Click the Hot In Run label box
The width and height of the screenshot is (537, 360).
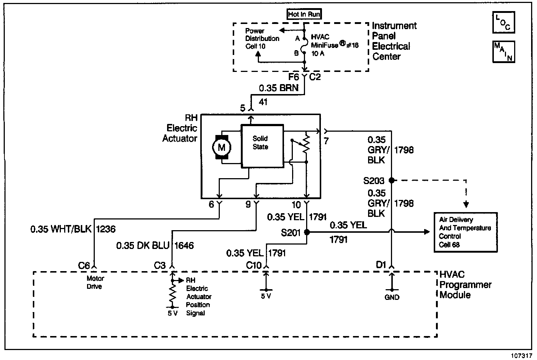304,14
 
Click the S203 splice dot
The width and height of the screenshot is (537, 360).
392,180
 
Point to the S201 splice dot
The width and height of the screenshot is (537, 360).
306,232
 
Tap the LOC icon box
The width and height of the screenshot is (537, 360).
503,22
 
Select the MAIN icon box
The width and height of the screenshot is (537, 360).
503,52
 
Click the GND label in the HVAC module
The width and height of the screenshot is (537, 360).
392,297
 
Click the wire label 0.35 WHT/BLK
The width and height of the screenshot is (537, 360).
61,229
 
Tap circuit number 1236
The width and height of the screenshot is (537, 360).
106,229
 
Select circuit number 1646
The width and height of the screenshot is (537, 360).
184,245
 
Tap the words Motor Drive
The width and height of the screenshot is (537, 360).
95,283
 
